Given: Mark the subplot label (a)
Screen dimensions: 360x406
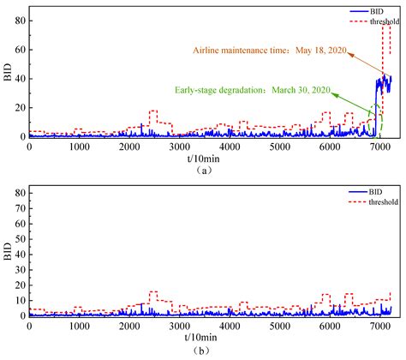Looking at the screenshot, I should tap(203, 170).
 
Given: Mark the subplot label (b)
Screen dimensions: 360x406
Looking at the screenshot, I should tap(203, 350).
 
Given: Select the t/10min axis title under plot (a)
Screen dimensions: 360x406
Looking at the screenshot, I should tap(203, 159).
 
